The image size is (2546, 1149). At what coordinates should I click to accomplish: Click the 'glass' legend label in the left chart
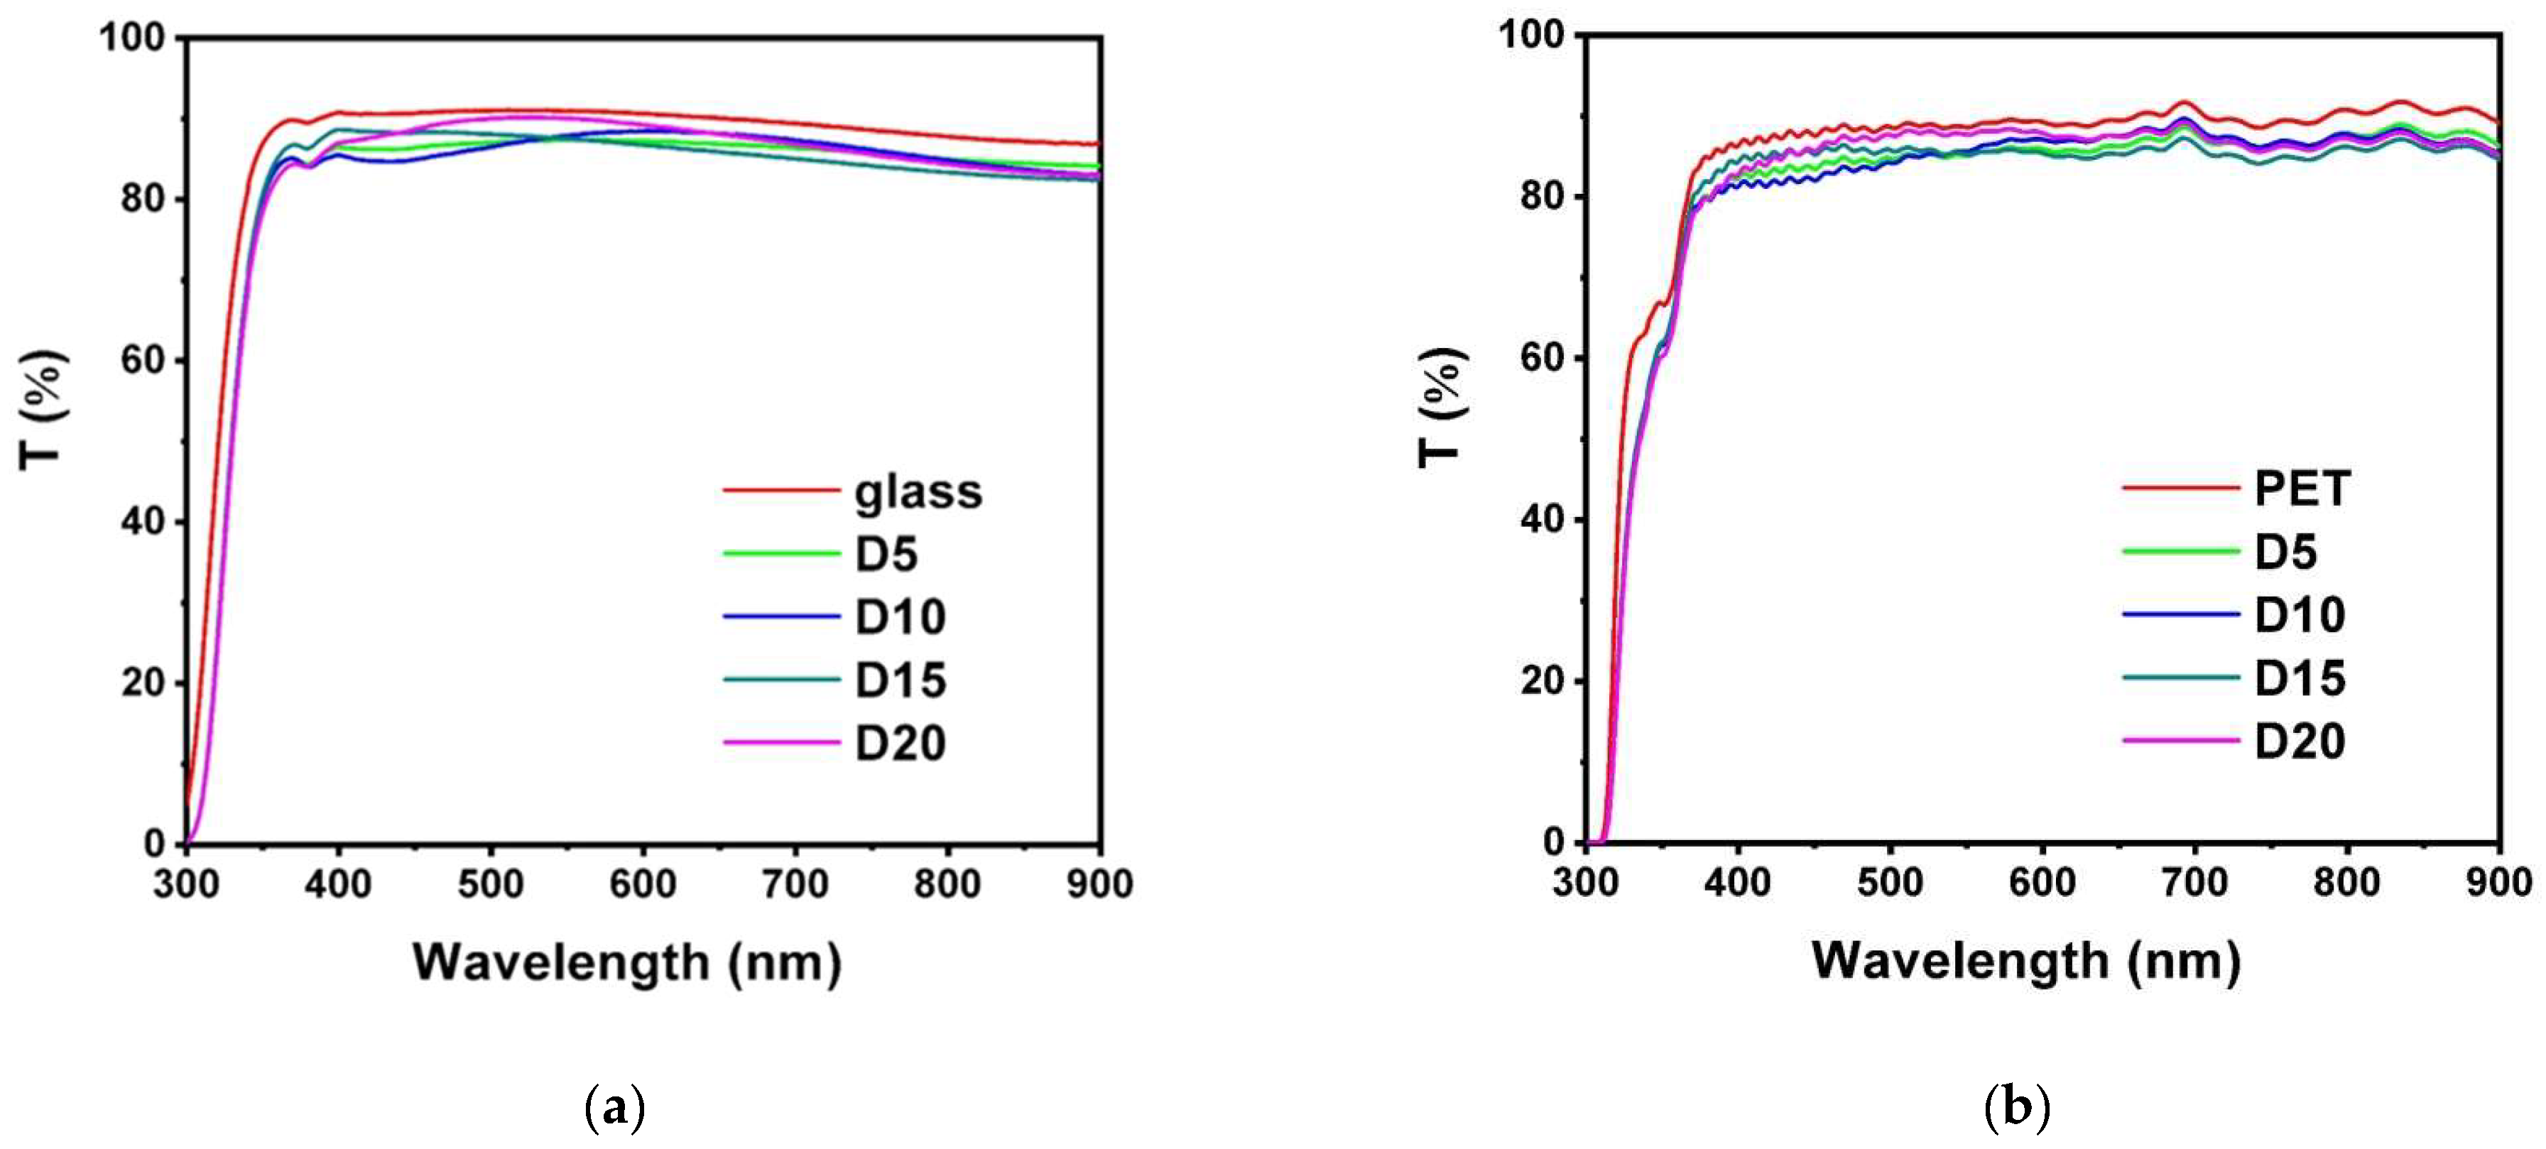click(x=918, y=492)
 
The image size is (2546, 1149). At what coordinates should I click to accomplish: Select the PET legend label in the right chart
click(x=2302, y=489)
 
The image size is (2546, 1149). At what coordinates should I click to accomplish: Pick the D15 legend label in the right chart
click(x=2300, y=679)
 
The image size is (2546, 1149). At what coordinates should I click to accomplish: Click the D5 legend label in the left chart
click(x=886, y=554)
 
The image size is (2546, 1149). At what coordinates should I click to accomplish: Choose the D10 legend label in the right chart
click(x=2300, y=616)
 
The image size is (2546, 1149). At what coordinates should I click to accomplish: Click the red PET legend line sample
click(x=2180, y=488)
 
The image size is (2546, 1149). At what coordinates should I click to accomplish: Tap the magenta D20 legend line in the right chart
click(x=2180, y=740)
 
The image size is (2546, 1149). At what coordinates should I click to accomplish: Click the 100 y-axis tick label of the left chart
click(x=131, y=38)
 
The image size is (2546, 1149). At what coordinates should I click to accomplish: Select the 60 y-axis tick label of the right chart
click(x=1542, y=358)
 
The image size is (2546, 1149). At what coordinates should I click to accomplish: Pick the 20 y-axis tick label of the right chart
click(x=1542, y=681)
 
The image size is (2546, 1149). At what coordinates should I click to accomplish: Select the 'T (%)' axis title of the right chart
click(x=1440, y=408)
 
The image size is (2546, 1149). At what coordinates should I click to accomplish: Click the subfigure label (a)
click(x=615, y=1109)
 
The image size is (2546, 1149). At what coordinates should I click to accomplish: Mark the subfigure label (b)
click(x=2016, y=1109)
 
